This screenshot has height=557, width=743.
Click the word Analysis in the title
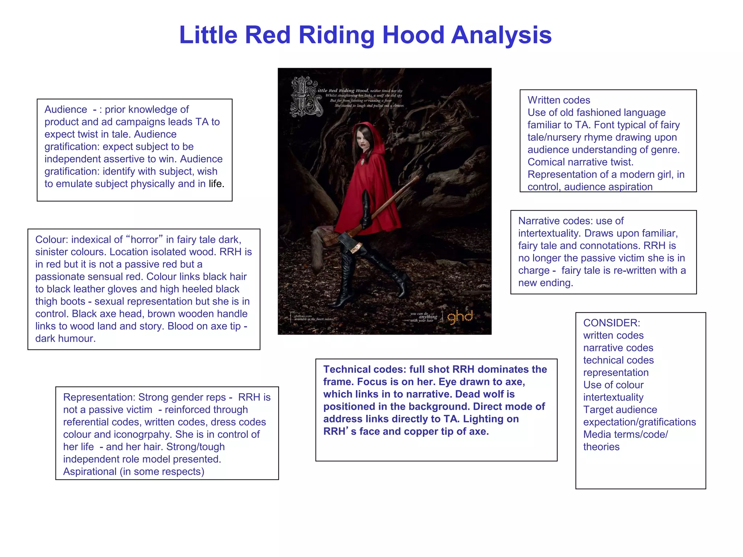tap(501, 35)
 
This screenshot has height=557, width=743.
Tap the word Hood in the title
tap(413, 35)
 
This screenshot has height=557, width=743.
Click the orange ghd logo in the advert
tap(460, 317)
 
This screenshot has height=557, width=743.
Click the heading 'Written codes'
tap(559, 100)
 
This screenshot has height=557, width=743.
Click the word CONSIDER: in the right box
tap(612, 323)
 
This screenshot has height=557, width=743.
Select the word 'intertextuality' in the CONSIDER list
tap(613, 397)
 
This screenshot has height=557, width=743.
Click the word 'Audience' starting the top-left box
tap(66, 110)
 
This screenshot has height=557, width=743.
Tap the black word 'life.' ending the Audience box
tap(216, 184)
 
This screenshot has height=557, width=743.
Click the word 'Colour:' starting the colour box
tap(52, 240)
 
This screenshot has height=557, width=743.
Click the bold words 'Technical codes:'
tap(364, 369)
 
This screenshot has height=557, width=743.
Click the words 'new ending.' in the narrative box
tap(545, 283)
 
